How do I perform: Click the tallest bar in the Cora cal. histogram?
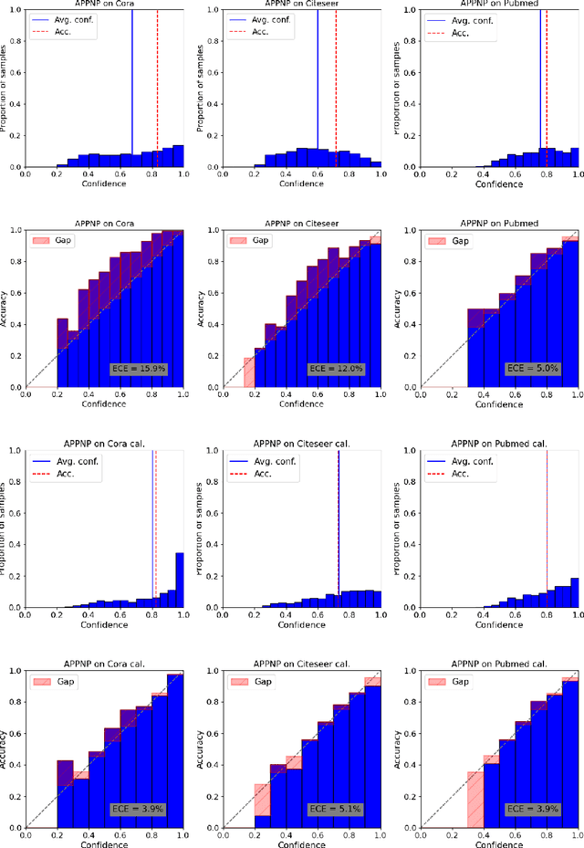[x=178, y=581]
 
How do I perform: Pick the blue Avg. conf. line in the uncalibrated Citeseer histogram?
[x=318, y=82]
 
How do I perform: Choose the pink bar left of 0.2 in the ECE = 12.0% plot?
[x=248, y=372]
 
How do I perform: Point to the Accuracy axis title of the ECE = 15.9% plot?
[x=5, y=309]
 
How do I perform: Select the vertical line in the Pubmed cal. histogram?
[x=547, y=529]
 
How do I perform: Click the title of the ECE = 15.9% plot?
[x=104, y=223]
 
